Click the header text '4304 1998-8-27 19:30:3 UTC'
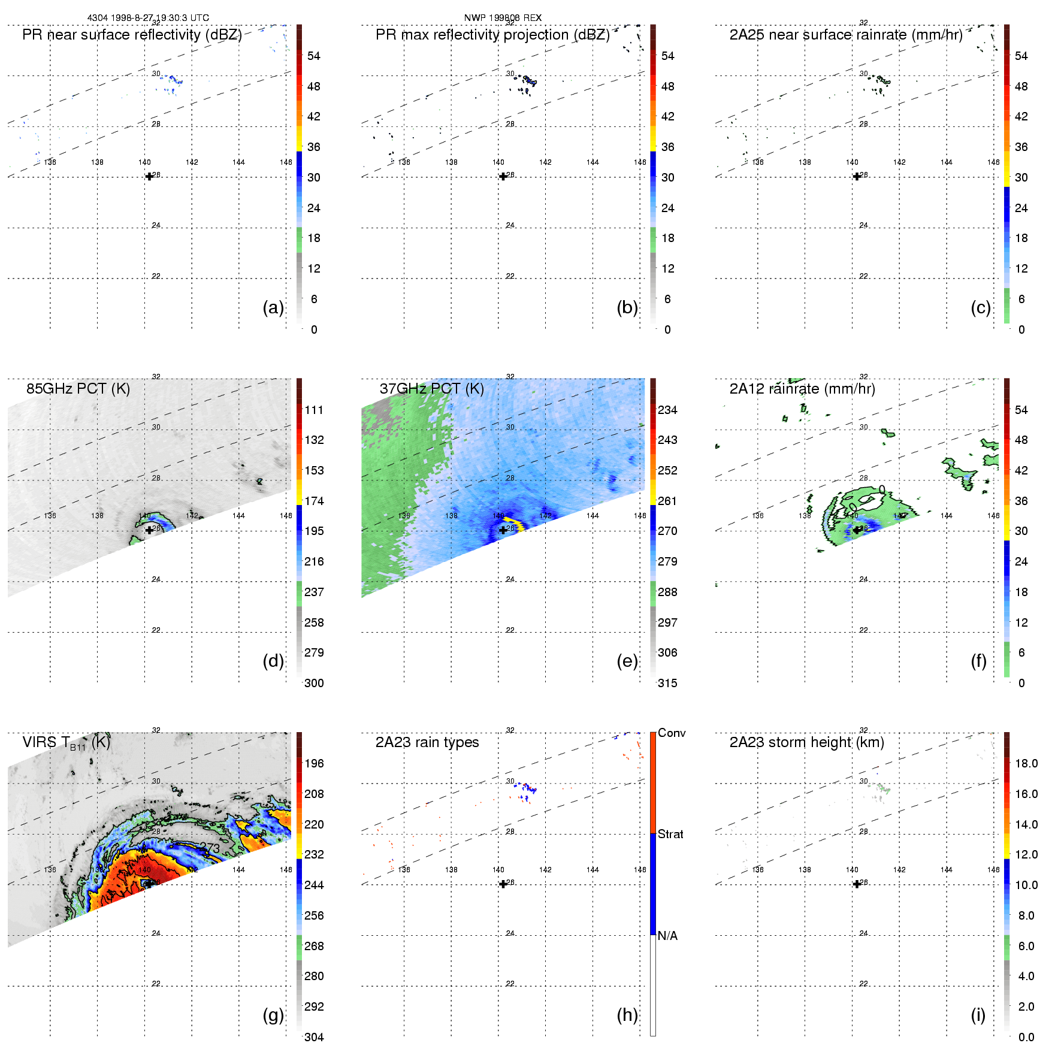pyautogui.click(x=148, y=18)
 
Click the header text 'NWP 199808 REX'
pyautogui.click(x=503, y=18)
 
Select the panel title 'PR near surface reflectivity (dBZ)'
pyautogui.click(x=132, y=35)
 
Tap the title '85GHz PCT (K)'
pyautogui.click(x=78, y=389)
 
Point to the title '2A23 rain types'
pyautogui.click(x=427, y=742)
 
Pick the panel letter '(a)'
pyautogui.click(x=273, y=307)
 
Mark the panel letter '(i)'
pyautogui.click(x=978, y=1015)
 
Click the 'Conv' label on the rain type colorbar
pyautogui.click(x=672, y=733)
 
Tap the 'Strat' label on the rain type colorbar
pyautogui.click(x=670, y=834)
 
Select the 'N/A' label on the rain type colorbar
pyautogui.click(x=667, y=936)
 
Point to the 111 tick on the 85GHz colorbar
pyautogui.click(x=314, y=410)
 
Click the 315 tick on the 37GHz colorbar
pyautogui.click(x=667, y=683)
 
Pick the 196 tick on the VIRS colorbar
pyautogui.click(x=314, y=763)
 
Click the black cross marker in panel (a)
pyautogui.click(x=149, y=176)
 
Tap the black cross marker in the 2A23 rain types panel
pyautogui.click(x=503, y=884)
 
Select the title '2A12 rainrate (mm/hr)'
pyautogui.click(x=802, y=389)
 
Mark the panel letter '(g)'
pyautogui.click(x=273, y=1015)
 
